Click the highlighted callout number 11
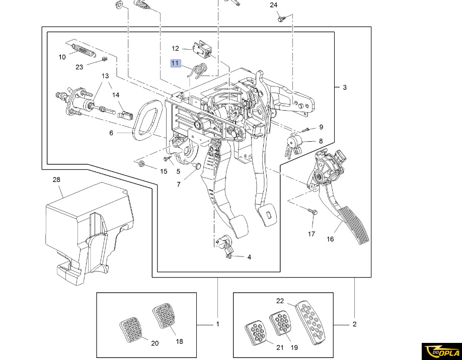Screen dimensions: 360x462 pos(175,63)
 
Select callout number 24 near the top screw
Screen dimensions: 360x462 pos(273,6)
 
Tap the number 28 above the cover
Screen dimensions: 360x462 pos(56,179)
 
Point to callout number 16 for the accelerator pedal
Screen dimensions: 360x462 pos(330,239)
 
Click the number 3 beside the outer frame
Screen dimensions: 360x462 pos(345,87)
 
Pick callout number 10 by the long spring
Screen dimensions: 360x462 pos(62,57)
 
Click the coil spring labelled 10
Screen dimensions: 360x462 pos(83,49)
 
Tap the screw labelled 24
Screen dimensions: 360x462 pos(282,19)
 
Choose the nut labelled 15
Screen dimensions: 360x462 pos(142,164)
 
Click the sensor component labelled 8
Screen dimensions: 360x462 pos(294,144)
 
